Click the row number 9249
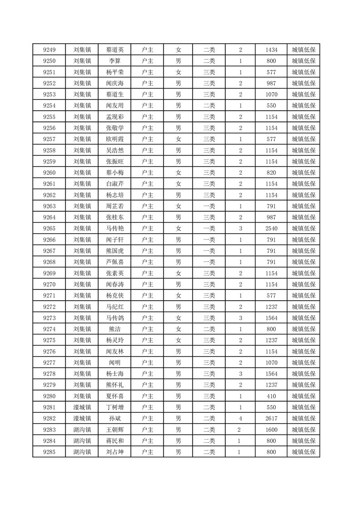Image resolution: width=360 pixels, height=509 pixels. (49, 50)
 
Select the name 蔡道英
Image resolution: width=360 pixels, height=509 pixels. (114, 50)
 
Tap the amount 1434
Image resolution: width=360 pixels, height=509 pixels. (271, 50)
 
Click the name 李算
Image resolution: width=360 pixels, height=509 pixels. (114, 61)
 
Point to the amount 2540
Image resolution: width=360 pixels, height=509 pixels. (271, 229)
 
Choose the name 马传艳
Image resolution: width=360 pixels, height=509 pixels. (114, 229)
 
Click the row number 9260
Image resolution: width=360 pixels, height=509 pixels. (49, 173)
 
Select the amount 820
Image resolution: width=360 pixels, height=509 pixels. (271, 173)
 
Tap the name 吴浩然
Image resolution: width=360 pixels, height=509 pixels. (114, 151)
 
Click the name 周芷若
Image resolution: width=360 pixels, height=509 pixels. (114, 206)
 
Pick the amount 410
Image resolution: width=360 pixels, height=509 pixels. (271, 396)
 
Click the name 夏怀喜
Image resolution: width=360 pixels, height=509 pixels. (114, 396)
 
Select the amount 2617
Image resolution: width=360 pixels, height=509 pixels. (271, 418)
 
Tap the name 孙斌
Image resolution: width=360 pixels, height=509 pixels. (114, 418)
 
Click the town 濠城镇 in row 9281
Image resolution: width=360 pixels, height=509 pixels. (82, 407)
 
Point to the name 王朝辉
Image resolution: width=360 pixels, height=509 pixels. (114, 430)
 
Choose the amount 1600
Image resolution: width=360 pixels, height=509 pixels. (271, 430)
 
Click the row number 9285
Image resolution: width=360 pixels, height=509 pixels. (49, 452)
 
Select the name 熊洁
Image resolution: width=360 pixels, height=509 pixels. (114, 329)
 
